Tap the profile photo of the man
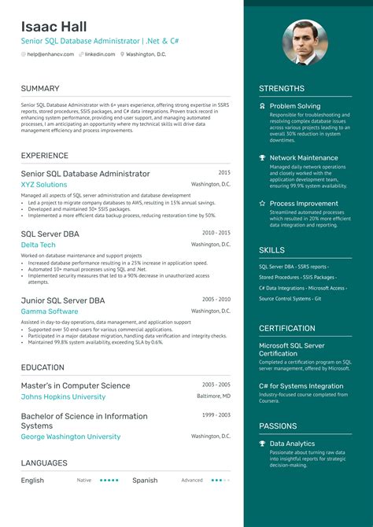coord(305,42)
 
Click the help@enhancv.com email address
coord(50,54)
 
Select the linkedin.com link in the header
coord(100,54)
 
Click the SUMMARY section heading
coord(40,88)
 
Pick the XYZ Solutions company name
coord(44,184)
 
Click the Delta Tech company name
coord(38,245)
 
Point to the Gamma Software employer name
coord(49,311)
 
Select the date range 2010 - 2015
coord(216,233)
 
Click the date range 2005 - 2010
coord(216,300)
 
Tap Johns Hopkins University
coord(63,397)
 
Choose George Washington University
coord(70,437)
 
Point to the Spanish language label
coord(145,480)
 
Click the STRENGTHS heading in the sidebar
coord(282,89)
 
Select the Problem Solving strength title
coord(294,105)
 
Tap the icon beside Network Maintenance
coord(262,158)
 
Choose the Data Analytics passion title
coord(293,444)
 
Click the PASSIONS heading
coord(278,427)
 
